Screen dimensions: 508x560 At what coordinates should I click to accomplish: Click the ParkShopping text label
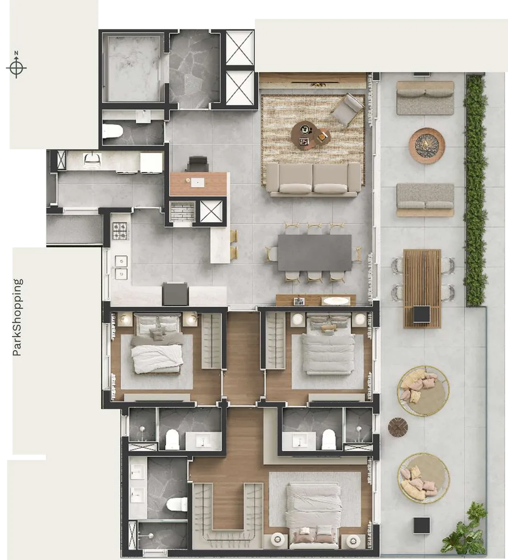click(17, 317)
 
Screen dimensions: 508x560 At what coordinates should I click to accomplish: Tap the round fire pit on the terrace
click(427, 146)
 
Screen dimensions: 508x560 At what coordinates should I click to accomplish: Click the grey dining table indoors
click(315, 252)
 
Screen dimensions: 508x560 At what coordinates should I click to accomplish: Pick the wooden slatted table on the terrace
click(422, 289)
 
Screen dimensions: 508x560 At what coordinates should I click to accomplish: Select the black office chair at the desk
click(198, 164)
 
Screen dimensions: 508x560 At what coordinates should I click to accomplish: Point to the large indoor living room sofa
click(313, 179)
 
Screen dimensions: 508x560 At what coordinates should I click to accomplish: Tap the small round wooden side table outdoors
click(398, 427)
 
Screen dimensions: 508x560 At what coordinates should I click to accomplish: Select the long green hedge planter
click(475, 191)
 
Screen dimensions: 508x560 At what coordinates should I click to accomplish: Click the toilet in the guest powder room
click(113, 131)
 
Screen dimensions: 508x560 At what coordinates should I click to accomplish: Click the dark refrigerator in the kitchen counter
click(175, 293)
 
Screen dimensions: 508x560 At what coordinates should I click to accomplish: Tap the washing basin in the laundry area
click(92, 160)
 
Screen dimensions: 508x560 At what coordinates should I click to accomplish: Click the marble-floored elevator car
click(133, 67)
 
